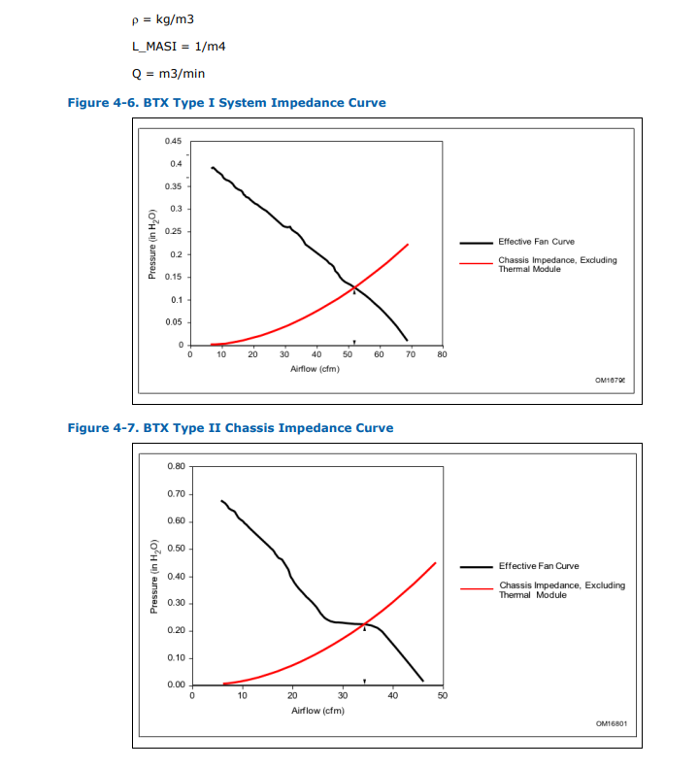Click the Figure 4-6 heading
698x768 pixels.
click(226, 103)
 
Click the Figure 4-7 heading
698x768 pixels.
click(230, 427)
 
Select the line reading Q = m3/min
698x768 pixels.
click(168, 73)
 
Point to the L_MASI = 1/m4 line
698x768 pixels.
click(180, 47)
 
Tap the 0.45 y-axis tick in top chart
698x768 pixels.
click(174, 141)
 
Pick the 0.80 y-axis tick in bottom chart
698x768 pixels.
click(176, 467)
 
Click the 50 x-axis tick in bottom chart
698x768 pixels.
click(443, 696)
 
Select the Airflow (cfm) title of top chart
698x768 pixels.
click(315, 369)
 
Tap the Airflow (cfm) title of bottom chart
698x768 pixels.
click(317, 710)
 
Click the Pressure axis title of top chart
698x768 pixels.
click(152, 244)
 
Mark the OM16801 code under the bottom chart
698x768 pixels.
click(611, 722)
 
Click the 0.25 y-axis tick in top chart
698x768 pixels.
click(174, 231)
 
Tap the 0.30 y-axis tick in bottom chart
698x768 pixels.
click(176, 604)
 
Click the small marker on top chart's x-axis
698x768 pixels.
click(354, 342)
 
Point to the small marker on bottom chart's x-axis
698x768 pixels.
click(364, 682)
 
